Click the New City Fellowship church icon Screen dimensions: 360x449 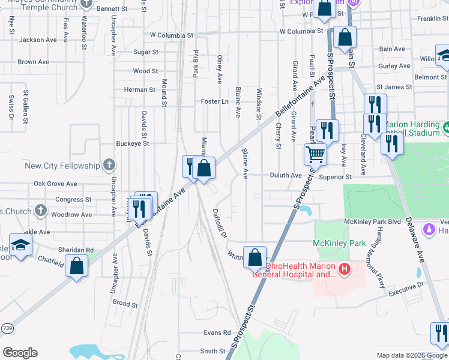coord(109,164)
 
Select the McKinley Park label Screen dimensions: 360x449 coord(339,244)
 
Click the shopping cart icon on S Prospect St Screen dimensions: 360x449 coord(315,154)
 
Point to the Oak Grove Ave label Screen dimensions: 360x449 coord(55,184)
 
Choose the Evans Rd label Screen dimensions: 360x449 coord(217,332)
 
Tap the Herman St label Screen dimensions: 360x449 coord(139,89)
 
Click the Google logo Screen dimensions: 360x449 coord(20,353)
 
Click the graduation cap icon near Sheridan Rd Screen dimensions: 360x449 coord(20,246)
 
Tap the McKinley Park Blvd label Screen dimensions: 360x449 coord(372,221)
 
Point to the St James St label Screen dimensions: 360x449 coord(394,87)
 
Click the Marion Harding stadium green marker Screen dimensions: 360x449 coord(446,127)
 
